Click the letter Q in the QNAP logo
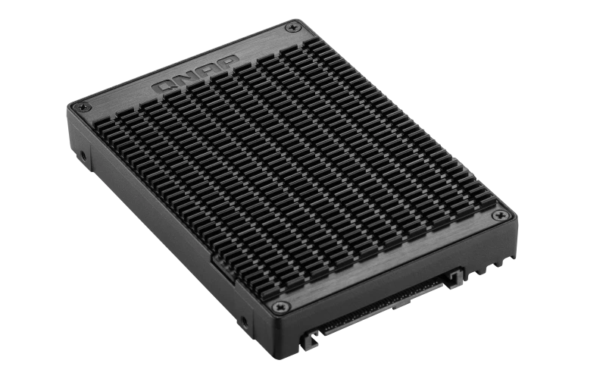click(163, 86)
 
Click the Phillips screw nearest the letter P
click(292, 27)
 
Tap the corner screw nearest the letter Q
click(83, 106)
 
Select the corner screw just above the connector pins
click(280, 308)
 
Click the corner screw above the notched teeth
click(500, 215)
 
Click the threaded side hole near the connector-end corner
click(243, 321)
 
